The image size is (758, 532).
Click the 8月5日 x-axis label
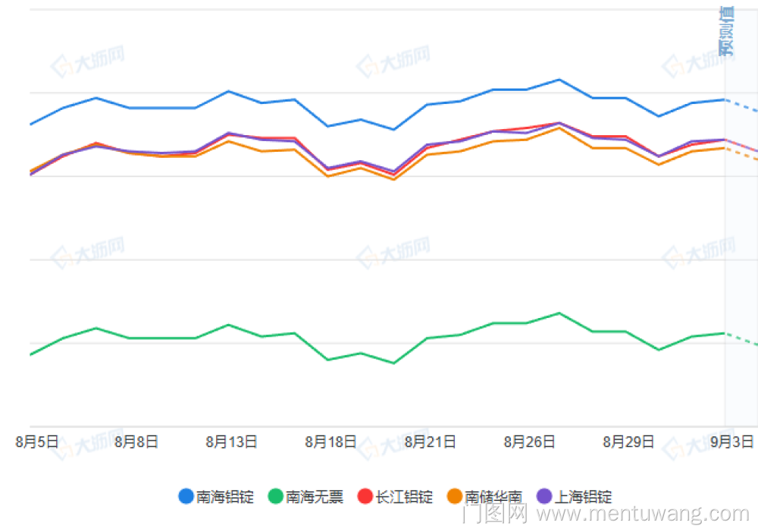coord(37,442)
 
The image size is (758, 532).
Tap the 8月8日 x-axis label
coord(136,442)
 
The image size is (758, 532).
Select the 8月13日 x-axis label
coord(231,442)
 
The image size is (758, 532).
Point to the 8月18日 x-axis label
coord(330,442)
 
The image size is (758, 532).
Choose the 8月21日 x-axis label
coord(430,442)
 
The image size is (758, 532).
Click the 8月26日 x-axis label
coord(529,442)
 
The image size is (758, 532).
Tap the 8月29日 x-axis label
coord(628,442)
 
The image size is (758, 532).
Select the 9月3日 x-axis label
coord(732,442)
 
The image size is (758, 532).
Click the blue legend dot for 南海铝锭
coord(186,497)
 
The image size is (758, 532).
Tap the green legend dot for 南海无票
coord(275,497)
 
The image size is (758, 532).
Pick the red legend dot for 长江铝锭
coord(365,497)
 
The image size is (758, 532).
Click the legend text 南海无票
coord(315,497)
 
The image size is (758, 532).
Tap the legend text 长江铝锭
coord(404,497)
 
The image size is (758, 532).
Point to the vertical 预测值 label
coord(726,32)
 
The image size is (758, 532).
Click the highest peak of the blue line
coord(559,80)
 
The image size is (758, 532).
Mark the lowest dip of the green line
coord(393,363)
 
